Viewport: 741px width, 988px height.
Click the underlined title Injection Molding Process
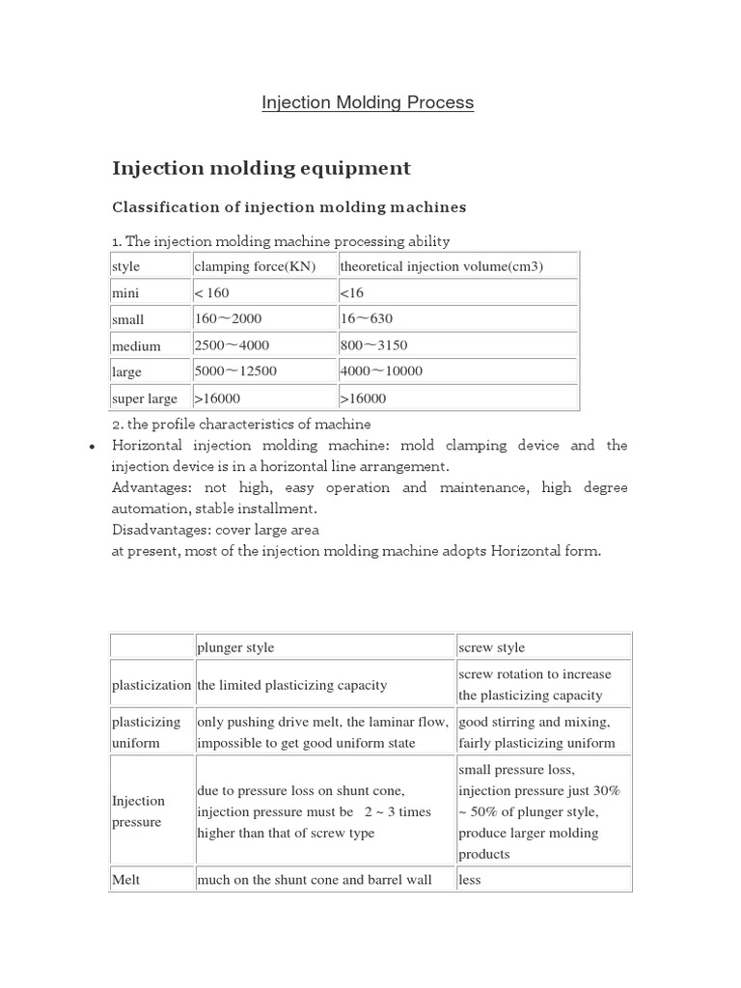[x=368, y=102]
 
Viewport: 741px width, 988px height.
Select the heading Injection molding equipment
[x=261, y=168]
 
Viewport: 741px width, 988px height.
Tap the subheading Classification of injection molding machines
[x=289, y=206]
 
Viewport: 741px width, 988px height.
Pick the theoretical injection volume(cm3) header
[x=442, y=266]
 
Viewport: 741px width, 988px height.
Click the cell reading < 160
[x=212, y=292]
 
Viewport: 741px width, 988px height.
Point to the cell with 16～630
[x=367, y=318]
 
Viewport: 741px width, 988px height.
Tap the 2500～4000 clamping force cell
[x=232, y=345]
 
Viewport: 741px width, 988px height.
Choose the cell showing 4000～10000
[x=381, y=371]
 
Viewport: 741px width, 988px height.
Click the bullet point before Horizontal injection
[x=90, y=447]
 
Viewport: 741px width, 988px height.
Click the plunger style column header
[x=242, y=647]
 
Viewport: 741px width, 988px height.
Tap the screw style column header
[x=492, y=647]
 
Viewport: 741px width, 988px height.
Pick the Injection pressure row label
[x=139, y=811]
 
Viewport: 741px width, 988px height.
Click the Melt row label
[x=126, y=880]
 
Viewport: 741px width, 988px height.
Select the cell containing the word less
[x=470, y=880]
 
